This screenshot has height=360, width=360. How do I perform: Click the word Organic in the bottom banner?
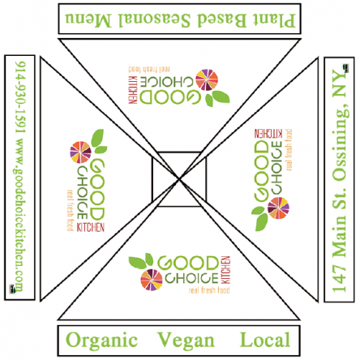(101, 341)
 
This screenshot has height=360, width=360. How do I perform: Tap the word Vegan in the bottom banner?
(186, 341)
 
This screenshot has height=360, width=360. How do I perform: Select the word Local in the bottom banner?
(265, 340)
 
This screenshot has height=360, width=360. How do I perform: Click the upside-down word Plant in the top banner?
(273, 20)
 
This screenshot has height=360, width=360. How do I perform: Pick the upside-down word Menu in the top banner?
(88, 20)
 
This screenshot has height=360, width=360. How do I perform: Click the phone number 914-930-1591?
(20, 97)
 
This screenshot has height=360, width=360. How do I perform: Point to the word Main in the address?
(340, 236)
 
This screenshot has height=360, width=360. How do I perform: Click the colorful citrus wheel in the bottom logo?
(152, 280)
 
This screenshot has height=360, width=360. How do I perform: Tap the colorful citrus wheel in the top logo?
(207, 80)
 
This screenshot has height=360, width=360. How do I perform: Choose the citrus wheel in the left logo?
(80, 152)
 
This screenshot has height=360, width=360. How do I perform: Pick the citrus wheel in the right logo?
(278, 208)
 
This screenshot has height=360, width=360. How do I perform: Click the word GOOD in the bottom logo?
(188, 264)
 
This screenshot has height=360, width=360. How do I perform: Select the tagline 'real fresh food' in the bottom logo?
(209, 290)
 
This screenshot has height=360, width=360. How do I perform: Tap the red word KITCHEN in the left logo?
(91, 228)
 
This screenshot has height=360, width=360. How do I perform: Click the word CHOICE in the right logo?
(276, 168)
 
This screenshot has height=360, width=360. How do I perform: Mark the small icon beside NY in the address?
(345, 68)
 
